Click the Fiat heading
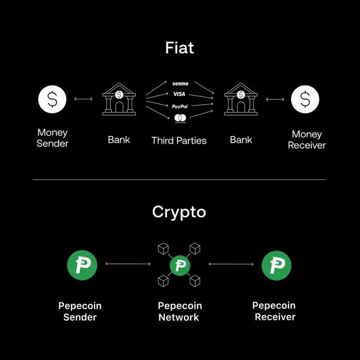[x=180, y=47]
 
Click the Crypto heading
[x=179, y=212]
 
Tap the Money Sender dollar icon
[x=52, y=99]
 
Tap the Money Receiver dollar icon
[x=305, y=99]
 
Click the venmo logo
[x=180, y=83]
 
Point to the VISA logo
[x=180, y=94]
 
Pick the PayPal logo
[x=180, y=106]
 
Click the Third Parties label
[x=179, y=140]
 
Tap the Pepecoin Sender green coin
[x=82, y=265]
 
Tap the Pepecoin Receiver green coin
[x=276, y=265]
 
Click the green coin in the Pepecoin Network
[x=180, y=265]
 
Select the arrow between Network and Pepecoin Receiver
[x=231, y=264]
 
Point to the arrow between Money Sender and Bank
[x=83, y=99]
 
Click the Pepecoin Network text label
[x=180, y=311]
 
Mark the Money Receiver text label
[x=307, y=140]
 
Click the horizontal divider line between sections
[x=179, y=179]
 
